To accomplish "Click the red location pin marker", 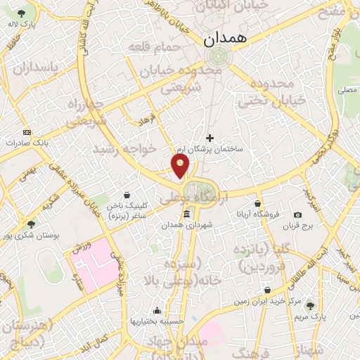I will pos(181,166).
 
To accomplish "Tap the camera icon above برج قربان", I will pos(297,214).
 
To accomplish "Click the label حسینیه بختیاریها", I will pos(155,321).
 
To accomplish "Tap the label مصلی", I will pos(347,90).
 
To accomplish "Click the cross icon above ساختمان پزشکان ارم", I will pos(209,138).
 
